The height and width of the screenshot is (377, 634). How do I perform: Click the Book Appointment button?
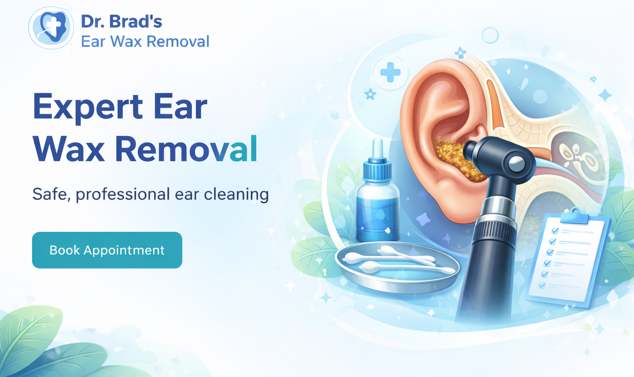107,250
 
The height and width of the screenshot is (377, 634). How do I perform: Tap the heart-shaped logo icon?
52,27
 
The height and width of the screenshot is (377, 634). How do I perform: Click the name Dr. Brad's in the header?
121,22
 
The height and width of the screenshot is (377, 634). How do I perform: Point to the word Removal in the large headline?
186,149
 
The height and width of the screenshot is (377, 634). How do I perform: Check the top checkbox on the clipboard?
555,231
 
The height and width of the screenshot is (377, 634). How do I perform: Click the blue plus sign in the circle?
390,73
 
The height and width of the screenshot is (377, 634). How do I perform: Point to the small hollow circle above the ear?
490,36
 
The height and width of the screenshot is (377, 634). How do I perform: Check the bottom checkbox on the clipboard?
542,285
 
